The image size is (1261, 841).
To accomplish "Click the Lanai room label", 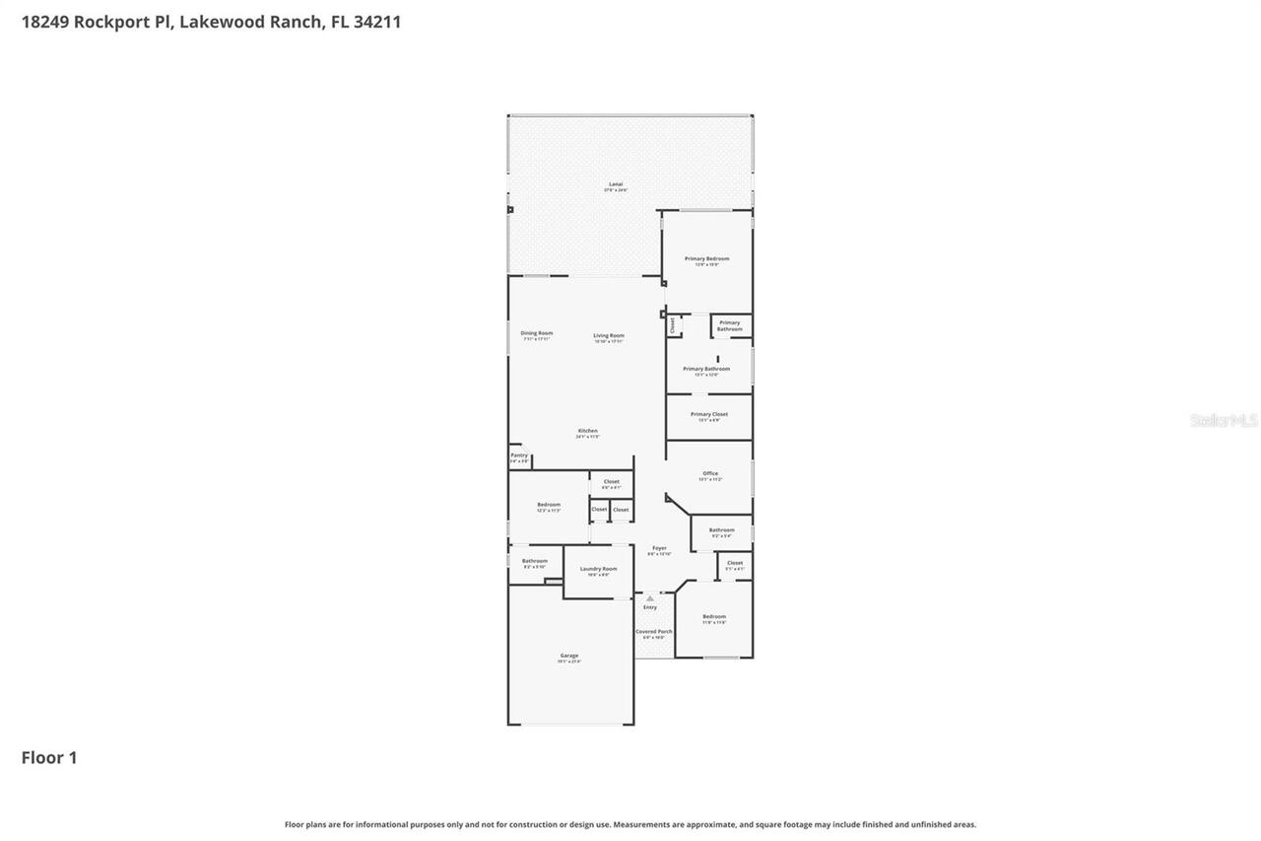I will tap(616, 184).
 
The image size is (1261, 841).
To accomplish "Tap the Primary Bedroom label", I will tap(707, 258).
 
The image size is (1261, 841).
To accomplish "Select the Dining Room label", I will tap(537, 333).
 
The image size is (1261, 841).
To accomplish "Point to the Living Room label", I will tap(609, 336).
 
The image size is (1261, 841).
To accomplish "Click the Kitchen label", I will tap(587, 431).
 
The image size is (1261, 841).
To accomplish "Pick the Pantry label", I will tap(519, 456).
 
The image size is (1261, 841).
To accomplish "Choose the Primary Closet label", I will tap(709, 414).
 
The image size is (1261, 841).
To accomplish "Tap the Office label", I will tap(710, 473).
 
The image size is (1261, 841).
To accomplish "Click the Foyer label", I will tap(659, 548).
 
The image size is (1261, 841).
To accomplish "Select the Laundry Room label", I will tap(598, 569).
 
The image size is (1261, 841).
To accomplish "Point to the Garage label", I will tap(569, 656).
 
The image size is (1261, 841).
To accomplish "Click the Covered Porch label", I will tap(654, 631).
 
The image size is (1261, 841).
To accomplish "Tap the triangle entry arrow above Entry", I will tap(650, 598).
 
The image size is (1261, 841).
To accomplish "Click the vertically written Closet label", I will tap(672, 323).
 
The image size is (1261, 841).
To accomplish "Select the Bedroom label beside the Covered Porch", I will tap(714, 617).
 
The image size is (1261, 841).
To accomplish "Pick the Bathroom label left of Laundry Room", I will tap(535, 561).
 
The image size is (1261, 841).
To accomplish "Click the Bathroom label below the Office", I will tap(721, 530).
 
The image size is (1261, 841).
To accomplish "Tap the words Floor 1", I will tap(49, 757).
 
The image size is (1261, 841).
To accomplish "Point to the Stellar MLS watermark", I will tap(1224, 420).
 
